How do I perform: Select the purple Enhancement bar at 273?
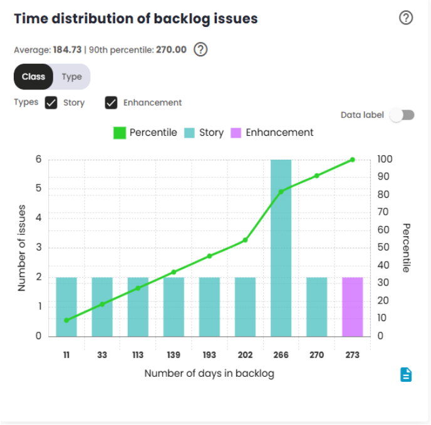pos(353,307)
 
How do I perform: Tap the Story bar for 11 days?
pos(66,307)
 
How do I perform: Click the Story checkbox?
pos(51,103)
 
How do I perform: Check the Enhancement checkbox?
pos(112,103)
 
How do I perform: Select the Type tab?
pos(72,77)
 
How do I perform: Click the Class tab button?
pos(34,77)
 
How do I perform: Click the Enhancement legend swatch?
pos(236,133)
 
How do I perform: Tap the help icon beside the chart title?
pos(406,18)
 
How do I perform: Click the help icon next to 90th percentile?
pos(200,49)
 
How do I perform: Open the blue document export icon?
pos(407,374)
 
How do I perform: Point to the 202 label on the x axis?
pos(245,355)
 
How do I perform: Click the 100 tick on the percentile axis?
pos(384,160)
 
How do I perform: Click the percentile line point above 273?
pos(353,160)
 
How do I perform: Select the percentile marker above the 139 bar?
pos(174,272)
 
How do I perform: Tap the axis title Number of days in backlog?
pos(209,374)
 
